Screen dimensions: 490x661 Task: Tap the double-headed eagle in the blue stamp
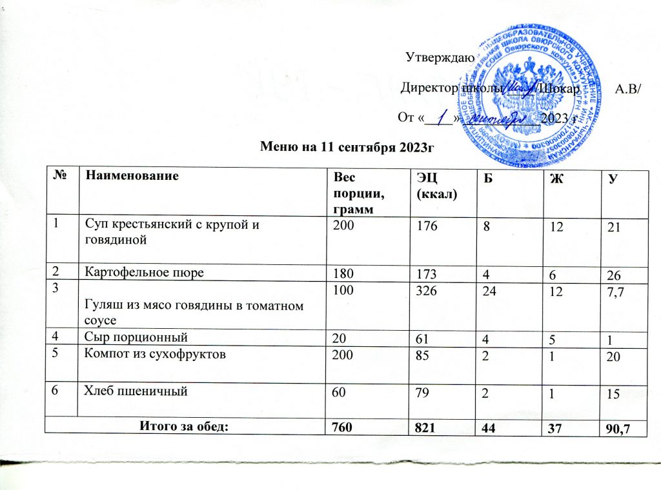[529, 84]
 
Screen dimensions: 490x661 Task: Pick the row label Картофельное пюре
[145, 271]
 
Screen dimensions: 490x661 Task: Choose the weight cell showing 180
[340, 273]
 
